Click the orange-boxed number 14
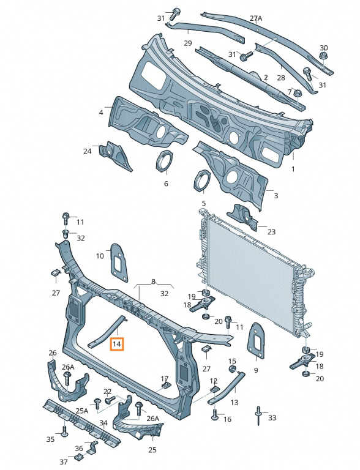click(x=117, y=344)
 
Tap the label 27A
click(x=256, y=18)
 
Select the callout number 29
click(x=188, y=43)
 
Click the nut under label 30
click(x=323, y=56)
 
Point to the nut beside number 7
click(x=298, y=93)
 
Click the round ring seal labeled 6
click(x=165, y=162)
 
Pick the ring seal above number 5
click(x=201, y=181)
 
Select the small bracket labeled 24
click(x=115, y=155)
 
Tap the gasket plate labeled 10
click(x=119, y=263)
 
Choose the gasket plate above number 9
click(x=256, y=340)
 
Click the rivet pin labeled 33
click(x=258, y=416)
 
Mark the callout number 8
click(x=153, y=282)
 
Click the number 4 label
click(x=101, y=113)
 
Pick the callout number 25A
click(x=82, y=411)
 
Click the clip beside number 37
click(x=78, y=458)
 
